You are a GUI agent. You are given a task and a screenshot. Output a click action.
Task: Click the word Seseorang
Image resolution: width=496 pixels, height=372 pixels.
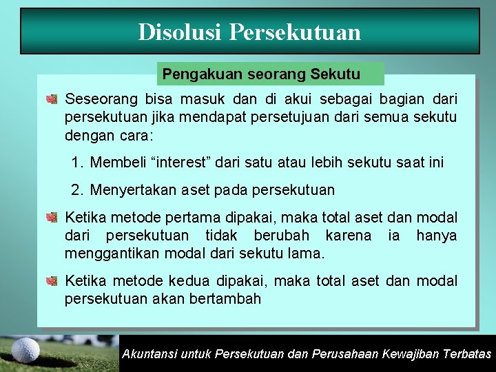click(x=101, y=99)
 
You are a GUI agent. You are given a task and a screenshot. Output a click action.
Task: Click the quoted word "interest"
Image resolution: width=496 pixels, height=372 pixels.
click(x=176, y=163)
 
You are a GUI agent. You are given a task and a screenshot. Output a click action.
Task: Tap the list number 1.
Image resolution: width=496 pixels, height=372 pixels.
click(x=77, y=163)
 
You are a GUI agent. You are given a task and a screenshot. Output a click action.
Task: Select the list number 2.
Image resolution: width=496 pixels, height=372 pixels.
click(x=77, y=189)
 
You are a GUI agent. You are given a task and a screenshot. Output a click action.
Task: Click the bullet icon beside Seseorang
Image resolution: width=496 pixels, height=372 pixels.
click(x=52, y=99)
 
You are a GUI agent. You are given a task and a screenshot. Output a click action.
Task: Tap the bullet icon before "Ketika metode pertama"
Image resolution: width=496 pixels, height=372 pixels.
click(x=52, y=218)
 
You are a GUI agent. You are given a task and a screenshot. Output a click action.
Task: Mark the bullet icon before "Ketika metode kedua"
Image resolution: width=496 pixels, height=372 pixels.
click(x=52, y=281)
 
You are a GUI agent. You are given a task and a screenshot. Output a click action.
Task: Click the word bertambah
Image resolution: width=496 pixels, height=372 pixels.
click(x=227, y=298)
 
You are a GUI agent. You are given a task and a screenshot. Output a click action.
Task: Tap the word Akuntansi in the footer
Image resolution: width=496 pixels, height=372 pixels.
click(x=149, y=354)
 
